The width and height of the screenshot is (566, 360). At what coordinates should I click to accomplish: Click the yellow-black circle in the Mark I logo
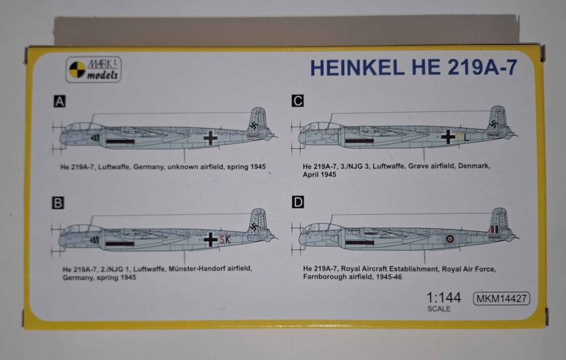[x=77, y=70]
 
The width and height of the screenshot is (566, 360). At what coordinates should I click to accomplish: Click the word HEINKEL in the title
[x=357, y=67]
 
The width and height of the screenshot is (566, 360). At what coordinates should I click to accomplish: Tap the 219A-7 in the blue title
[x=482, y=67]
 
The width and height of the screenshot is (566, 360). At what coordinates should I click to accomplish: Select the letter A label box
[x=60, y=102]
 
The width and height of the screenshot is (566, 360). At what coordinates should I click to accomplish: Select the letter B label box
[x=58, y=203]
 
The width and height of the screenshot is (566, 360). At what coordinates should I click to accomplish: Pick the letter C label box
[x=298, y=101]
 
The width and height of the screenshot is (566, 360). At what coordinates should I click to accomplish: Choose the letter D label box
[x=298, y=202]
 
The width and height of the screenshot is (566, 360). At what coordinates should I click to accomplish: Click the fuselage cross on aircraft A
[x=210, y=138]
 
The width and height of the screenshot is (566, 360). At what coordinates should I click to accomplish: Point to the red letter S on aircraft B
[x=222, y=239]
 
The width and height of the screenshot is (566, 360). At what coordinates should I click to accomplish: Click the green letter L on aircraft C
[x=466, y=137]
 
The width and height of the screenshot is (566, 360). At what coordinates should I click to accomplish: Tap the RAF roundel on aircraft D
[x=450, y=239]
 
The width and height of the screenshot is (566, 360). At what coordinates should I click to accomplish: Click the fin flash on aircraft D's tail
[x=494, y=230]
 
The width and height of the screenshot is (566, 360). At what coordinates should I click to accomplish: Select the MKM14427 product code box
[x=501, y=298]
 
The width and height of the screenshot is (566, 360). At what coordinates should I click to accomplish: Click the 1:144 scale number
[x=443, y=298]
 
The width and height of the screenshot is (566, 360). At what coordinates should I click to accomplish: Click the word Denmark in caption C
[x=474, y=166]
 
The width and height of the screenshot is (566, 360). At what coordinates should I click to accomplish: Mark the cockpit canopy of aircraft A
[x=83, y=127]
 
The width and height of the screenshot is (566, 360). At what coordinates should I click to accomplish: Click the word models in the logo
[x=102, y=75]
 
